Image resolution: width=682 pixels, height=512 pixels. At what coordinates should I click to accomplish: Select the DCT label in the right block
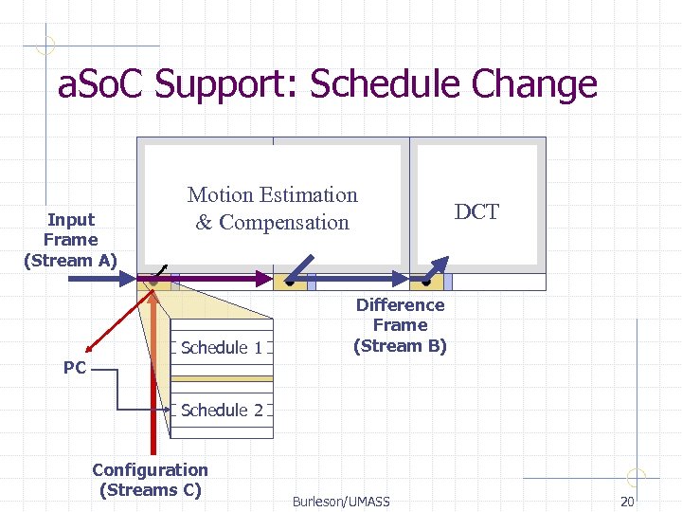476,212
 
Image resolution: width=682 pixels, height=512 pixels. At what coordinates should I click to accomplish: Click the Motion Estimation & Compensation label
273,209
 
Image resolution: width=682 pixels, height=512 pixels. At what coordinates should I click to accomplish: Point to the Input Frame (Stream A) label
70,240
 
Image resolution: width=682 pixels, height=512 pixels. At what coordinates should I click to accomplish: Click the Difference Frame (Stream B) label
400,325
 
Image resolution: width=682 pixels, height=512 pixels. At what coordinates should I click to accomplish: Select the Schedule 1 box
222,348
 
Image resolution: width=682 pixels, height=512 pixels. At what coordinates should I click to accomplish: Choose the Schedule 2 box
222,411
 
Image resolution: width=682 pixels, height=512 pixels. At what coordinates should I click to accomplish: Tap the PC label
75,367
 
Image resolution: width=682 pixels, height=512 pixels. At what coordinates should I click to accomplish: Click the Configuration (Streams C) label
150,480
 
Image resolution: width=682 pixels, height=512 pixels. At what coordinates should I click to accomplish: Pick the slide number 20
626,501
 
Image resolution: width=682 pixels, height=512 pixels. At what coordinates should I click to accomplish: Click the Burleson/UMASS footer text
341,501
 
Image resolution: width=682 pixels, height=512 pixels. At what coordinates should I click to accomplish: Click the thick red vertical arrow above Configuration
153,379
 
